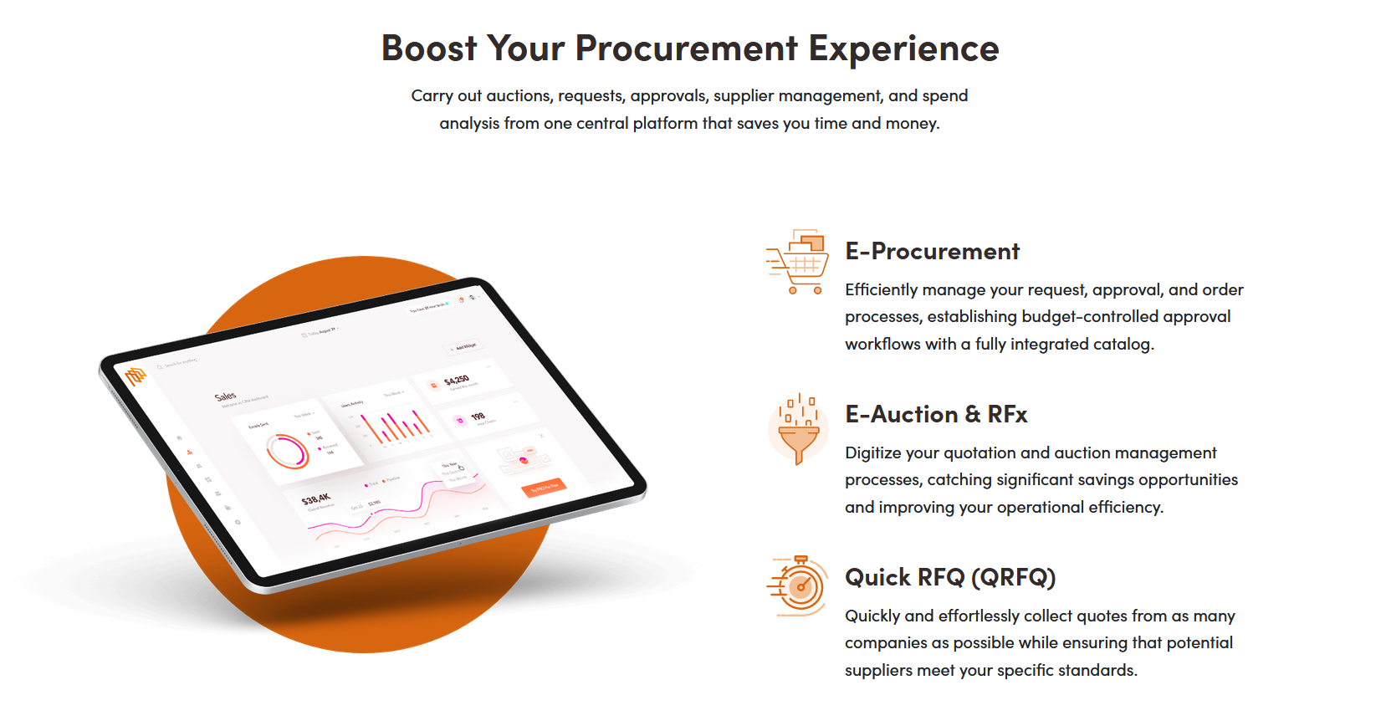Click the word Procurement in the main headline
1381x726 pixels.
(686, 49)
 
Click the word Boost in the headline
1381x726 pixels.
(428, 49)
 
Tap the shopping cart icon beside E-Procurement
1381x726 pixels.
(799, 262)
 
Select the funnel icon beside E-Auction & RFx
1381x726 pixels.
(799, 428)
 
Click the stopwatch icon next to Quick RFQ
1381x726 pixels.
(799, 585)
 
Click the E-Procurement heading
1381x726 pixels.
(932, 251)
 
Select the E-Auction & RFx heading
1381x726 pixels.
(936, 414)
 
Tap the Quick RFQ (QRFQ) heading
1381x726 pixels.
(950, 577)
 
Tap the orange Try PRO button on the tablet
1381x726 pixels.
(544, 488)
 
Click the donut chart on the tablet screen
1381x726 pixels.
(288, 451)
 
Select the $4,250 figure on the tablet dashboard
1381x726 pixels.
(457, 380)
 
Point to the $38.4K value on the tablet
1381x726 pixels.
(316, 499)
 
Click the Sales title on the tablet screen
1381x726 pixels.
(225, 396)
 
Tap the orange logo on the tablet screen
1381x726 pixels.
(136, 376)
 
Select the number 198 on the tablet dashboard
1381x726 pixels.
(478, 416)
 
